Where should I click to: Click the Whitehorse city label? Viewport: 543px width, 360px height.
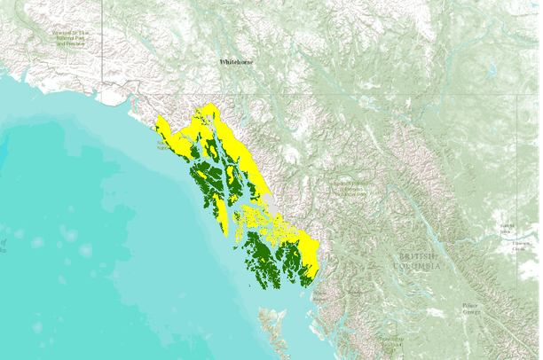(236, 63)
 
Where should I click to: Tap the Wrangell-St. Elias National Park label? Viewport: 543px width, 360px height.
(74, 36)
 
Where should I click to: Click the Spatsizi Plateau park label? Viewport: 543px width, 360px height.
(350, 188)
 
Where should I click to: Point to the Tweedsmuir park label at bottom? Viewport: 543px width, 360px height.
(388, 340)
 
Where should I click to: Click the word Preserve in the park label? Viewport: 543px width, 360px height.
(75, 42)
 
